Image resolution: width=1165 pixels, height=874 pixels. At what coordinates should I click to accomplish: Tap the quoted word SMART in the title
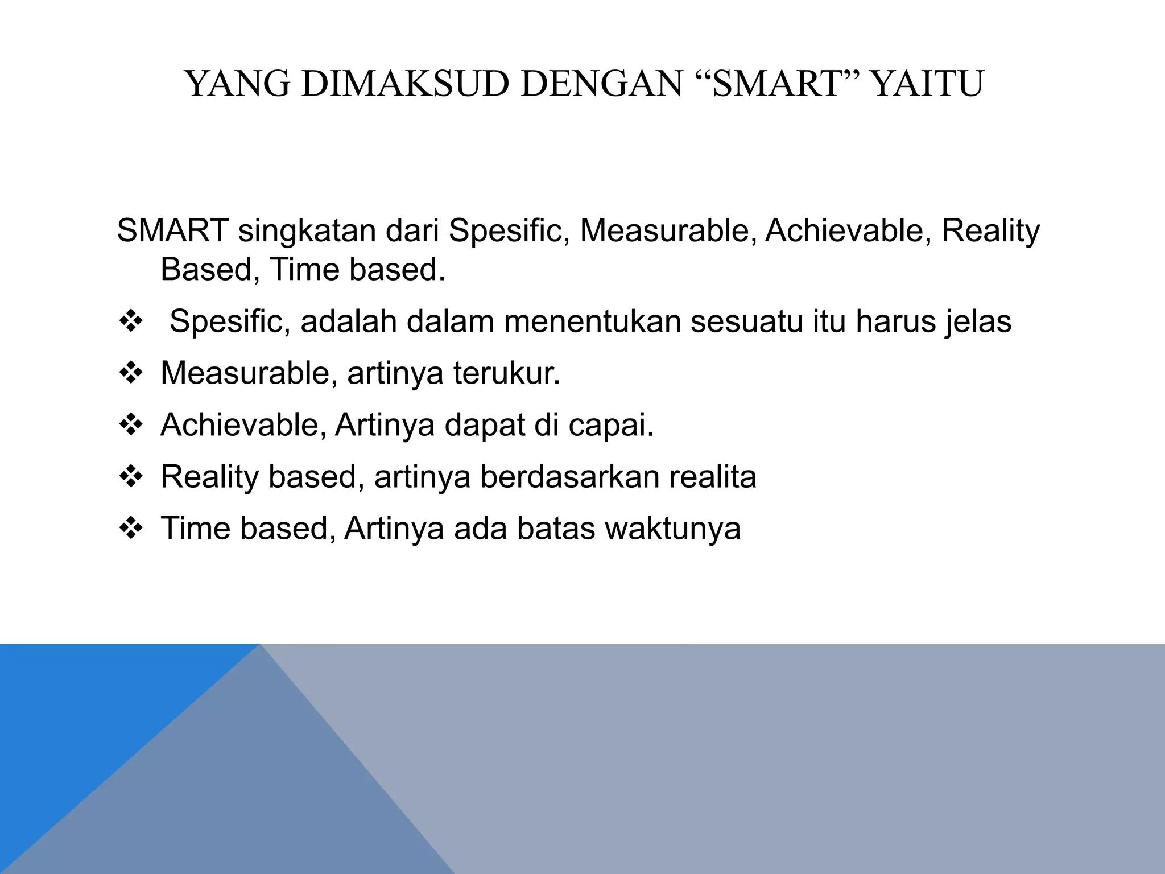point(776,84)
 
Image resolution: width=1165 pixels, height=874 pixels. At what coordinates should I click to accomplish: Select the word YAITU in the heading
point(927,84)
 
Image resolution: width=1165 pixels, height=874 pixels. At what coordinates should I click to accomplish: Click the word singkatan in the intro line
point(307,231)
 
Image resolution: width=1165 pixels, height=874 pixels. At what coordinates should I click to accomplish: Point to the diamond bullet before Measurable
point(131,374)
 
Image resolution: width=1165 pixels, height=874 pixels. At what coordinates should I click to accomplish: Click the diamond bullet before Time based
point(131,529)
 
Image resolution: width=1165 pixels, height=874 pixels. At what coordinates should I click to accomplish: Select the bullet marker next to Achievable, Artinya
point(131,425)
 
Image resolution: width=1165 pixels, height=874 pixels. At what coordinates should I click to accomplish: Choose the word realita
point(713,476)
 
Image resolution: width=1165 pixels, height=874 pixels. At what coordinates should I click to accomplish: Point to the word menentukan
point(592,321)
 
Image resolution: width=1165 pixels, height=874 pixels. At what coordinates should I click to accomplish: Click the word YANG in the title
point(238,84)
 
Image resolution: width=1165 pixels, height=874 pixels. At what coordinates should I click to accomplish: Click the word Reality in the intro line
point(990,231)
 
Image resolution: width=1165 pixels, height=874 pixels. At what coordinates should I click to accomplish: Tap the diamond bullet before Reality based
point(131,477)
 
